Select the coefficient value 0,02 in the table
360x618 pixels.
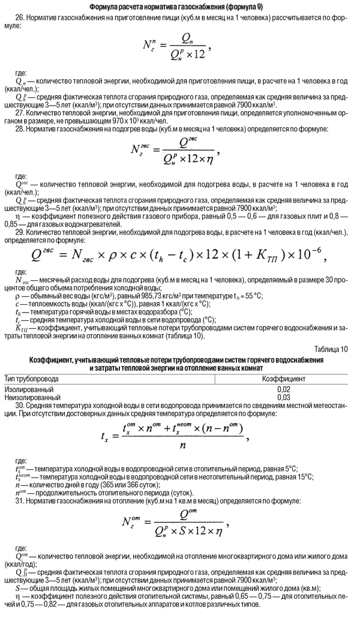[x=284, y=389]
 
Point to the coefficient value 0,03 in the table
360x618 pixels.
[x=284, y=397]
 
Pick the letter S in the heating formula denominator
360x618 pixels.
[x=182, y=531]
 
